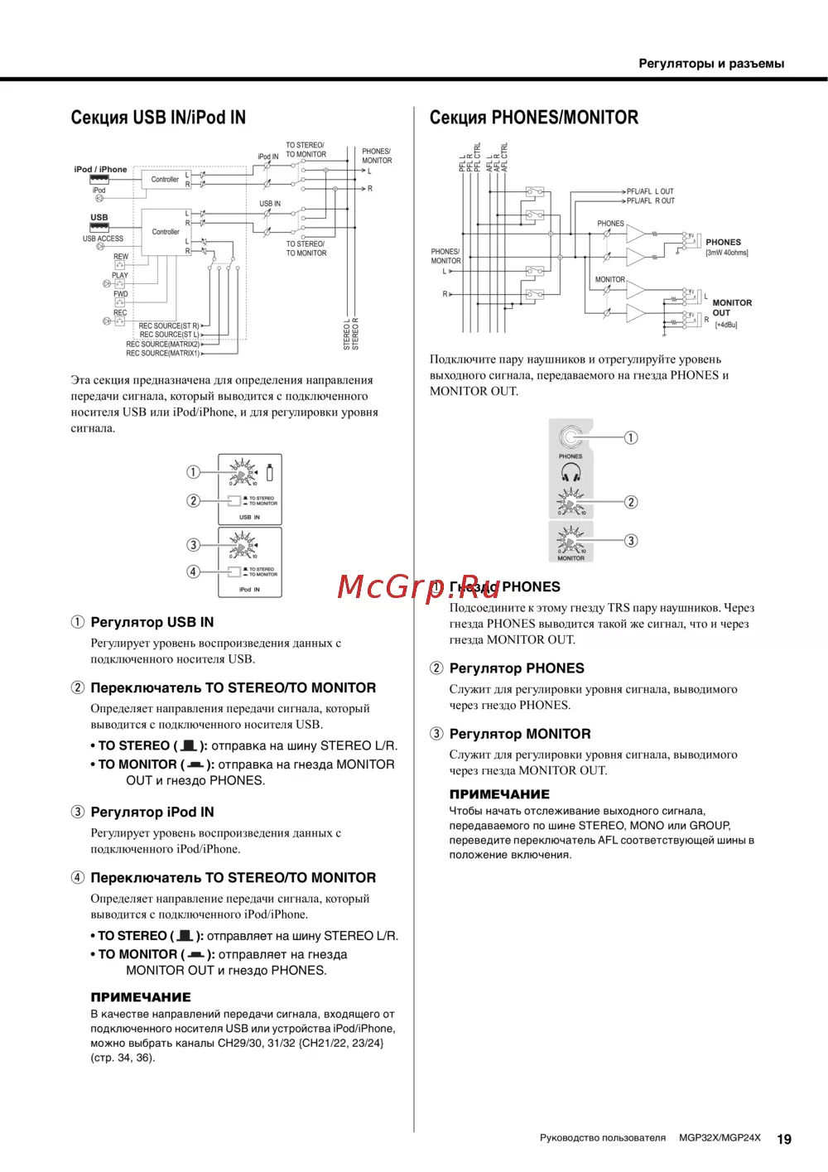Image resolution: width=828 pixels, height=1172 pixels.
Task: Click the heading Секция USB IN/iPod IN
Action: pos(158,118)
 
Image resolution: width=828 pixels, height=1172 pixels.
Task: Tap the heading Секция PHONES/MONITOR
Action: pos(533,118)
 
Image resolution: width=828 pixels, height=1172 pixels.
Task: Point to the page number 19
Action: pos(783,1139)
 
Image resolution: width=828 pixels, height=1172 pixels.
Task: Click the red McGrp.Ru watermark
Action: pos(418,586)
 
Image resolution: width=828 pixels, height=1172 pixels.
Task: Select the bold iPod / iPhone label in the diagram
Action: pos(100,169)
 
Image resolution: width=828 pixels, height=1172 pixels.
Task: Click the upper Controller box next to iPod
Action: pos(165,179)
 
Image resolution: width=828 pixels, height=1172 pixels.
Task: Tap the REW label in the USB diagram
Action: pos(121,257)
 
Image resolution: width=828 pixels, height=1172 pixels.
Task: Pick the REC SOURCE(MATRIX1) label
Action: pos(162,354)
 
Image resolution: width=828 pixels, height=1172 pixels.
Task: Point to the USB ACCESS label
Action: pos(103,239)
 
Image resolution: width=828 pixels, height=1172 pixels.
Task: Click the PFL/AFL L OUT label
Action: pos(650,191)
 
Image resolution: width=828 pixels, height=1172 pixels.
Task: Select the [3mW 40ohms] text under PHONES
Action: pos(726,253)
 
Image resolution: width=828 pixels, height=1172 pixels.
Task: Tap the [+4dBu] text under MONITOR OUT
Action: pos(725,325)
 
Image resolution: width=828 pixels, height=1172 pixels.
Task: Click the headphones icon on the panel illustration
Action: pos(570,472)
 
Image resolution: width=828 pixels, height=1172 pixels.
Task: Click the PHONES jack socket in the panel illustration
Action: pos(570,436)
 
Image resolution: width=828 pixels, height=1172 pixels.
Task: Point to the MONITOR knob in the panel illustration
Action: pos(570,540)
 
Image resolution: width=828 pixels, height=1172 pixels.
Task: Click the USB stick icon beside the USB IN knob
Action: pos(269,472)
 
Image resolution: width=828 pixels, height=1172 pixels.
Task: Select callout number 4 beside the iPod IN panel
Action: pos(193,572)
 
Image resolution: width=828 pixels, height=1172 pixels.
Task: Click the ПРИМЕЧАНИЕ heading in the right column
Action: pos(499,793)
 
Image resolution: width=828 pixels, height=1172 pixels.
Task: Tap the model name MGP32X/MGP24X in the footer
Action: pos(719,1138)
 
